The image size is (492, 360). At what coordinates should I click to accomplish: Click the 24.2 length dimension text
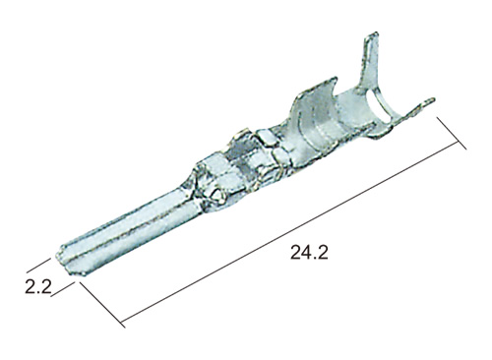[x=309, y=253]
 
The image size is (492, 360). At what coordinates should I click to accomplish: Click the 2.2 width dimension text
[x=38, y=287]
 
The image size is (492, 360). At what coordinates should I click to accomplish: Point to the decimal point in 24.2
[x=316, y=259]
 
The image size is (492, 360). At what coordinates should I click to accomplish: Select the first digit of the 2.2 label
[x=31, y=287]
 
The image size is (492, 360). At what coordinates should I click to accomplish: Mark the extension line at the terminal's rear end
[x=452, y=133]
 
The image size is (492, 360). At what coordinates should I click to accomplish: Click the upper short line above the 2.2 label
[x=38, y=265]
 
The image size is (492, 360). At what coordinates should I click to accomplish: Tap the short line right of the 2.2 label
[x=63, y=290]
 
